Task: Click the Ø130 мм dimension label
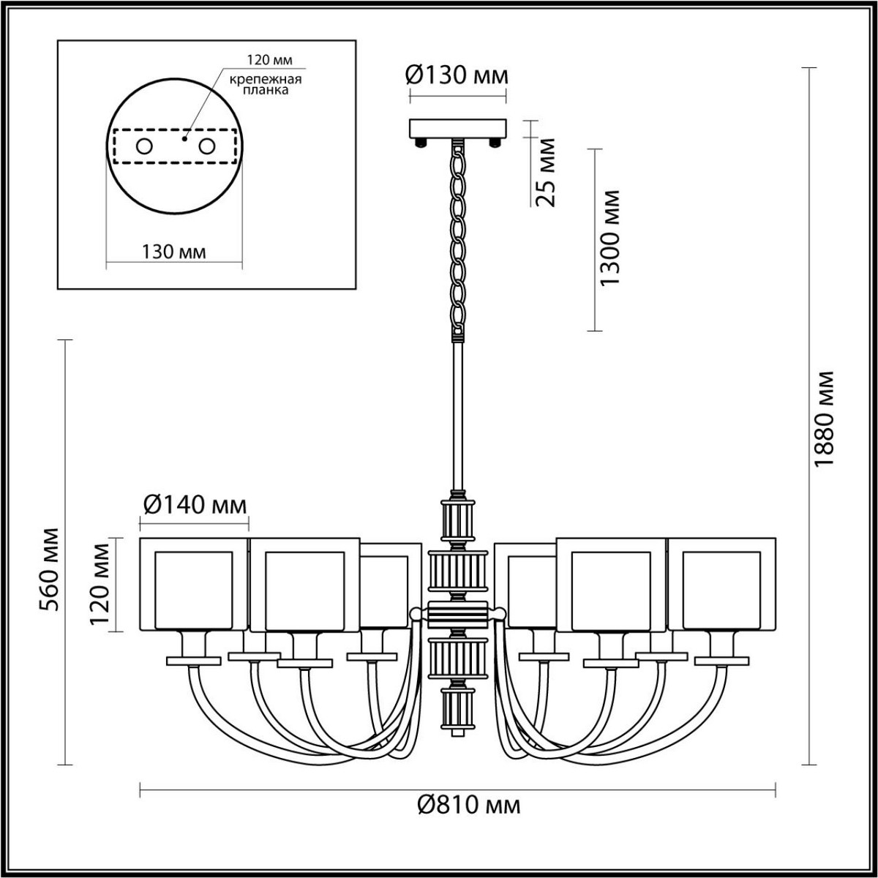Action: click(457, 75)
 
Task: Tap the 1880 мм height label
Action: click(825, 419)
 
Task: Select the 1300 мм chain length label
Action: click(609, 239)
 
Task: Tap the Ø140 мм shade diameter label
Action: click(195, 504)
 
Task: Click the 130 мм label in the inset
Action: click(174, 252)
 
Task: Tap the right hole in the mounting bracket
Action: click(207, 146)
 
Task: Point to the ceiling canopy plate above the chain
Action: click(457, 130)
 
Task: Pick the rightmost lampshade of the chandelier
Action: click(721, 585)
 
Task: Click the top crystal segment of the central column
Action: click(457, 520)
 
